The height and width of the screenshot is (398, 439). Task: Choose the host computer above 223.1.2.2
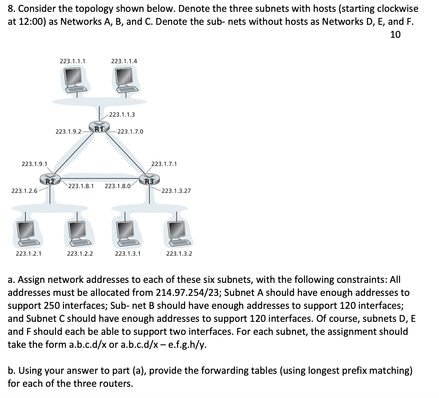coord(78,233)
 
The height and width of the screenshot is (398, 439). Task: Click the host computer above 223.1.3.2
coord(178,233)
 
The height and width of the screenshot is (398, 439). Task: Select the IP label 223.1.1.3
coord(122,115)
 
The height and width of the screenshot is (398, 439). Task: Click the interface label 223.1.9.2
coord(68,131)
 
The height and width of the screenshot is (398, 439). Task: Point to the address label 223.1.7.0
coord(130,131)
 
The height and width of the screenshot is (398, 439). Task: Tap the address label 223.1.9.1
coord(35,164)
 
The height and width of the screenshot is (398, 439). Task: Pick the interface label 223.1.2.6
coord(24,191)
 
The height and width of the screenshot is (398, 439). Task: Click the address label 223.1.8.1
coord(81,186)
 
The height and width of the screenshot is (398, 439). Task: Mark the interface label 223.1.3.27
coord(176,191)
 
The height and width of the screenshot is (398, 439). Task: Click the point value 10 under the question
coord(395,35)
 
